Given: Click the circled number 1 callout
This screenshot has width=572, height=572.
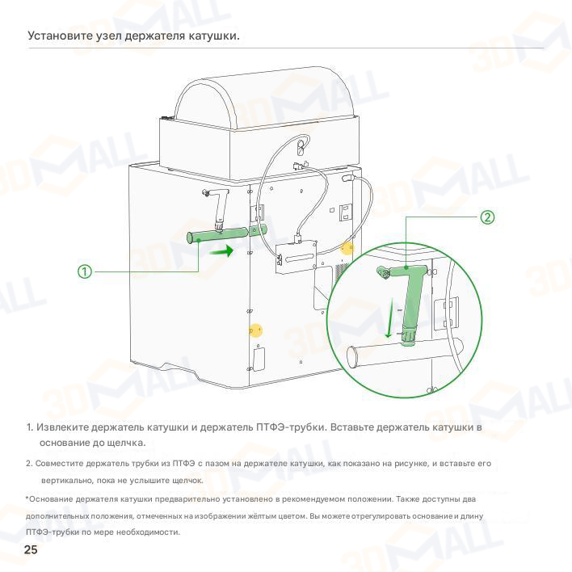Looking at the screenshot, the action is pos(85,271).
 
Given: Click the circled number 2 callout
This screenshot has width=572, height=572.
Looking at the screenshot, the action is pos(487,217).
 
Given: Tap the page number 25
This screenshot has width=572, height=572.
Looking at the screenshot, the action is pos(31,549).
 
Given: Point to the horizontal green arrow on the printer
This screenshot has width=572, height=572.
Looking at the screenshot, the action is pos(221,251).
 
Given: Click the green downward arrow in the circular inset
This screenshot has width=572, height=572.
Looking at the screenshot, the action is pos(390,318).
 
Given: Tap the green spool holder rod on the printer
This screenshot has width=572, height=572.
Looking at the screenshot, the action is pos(226,234).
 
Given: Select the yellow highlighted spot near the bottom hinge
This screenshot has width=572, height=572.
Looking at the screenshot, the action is pos(256,330).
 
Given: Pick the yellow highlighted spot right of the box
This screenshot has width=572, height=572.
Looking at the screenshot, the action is pos(347,248).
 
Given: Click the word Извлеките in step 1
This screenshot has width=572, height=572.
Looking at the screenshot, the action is pos(61,427).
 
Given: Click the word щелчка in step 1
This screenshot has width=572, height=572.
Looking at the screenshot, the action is pos(126,443).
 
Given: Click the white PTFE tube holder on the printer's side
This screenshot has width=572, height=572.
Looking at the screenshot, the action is pos(218,209).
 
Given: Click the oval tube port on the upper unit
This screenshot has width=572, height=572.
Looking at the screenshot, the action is pos(301,147).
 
